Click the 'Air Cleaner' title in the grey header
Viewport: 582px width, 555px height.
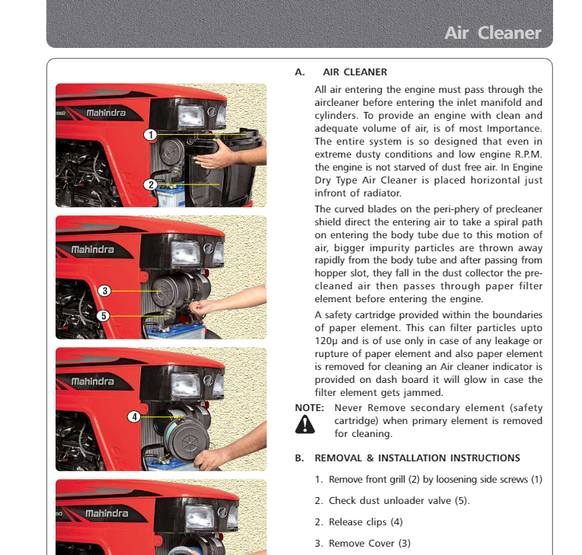click(x=492, y=33)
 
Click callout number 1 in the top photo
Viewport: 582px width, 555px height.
click(x=151, y=135)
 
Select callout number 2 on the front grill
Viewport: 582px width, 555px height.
click(x=151, y=184)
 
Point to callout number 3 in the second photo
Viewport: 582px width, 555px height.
click(x=104, y=290)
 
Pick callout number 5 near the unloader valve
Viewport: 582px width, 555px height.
click(x=104, y=315)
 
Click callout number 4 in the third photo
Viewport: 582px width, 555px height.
click(x=134, y=416)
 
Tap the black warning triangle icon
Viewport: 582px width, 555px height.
click(x=305, y=425)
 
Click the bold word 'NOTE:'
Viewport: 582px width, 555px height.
click(x=309, y=408)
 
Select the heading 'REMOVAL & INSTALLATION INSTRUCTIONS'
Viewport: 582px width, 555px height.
click(x=417, y=458)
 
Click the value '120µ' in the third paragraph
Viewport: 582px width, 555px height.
click(x=326, y=341)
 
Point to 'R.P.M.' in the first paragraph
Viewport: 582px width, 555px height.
click(x=524, y=154)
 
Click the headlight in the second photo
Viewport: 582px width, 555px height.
click(x=185, y=252)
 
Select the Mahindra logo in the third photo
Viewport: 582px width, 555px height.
click(x=92, y=381)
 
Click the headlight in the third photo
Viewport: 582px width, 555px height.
click(x=185, y=384)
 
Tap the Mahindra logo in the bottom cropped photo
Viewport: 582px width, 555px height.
click(x=106, y=514)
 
